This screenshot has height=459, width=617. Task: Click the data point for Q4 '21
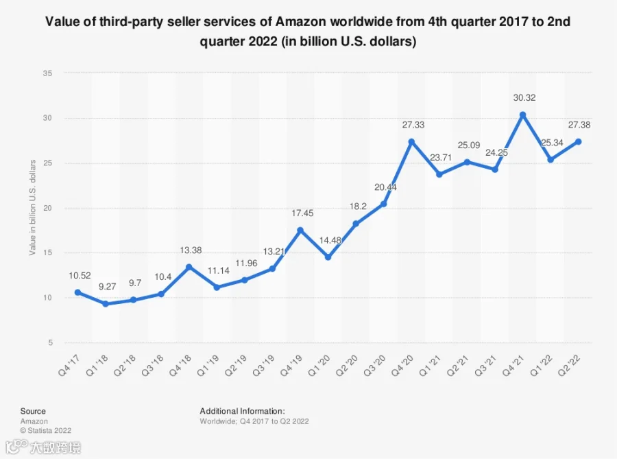(522, 115)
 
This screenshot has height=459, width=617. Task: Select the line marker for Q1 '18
(106, 304)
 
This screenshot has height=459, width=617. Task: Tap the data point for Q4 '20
(411, 142)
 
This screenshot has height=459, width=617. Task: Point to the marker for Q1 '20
(328, 257)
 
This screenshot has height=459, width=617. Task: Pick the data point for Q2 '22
(579, 142)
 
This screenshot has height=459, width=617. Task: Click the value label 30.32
(524, 97)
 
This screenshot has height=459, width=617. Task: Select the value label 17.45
(302, 213)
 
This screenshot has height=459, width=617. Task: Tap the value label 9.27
(107, 287)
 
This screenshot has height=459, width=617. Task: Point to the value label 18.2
(358, 207)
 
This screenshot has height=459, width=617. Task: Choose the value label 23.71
(441, 158)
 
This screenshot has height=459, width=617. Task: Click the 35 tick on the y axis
(47, 73)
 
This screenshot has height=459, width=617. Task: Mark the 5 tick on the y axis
(50, 342)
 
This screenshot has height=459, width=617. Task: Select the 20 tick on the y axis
(47, 208)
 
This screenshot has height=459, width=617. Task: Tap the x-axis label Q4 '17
(69, 365)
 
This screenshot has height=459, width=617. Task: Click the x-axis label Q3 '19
(263, 365)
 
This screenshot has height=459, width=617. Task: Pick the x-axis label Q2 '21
(458, 365)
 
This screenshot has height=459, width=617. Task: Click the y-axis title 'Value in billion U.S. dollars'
(32, 207)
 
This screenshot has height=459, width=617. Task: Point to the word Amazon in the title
(301, 21)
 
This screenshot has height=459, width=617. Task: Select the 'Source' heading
(33, 411)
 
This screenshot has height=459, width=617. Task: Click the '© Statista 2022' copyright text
(46, 431)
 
